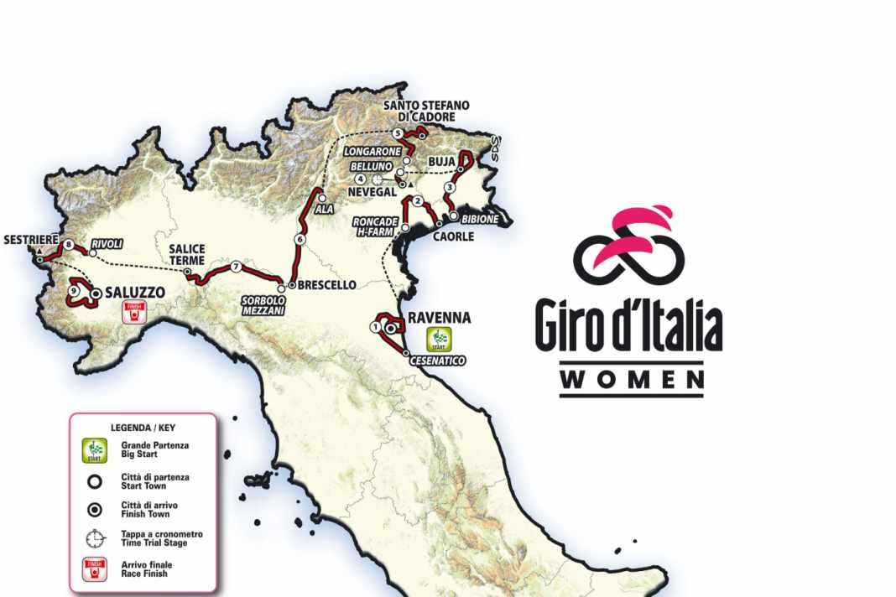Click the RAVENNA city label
440,318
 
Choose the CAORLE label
453,236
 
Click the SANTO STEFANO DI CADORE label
426,111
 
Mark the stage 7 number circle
237,267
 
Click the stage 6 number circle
299,240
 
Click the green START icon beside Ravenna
437,339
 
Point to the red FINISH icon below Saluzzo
133,314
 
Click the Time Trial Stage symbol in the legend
95,537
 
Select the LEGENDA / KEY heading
143,427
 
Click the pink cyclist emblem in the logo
630,243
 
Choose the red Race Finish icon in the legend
95,569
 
